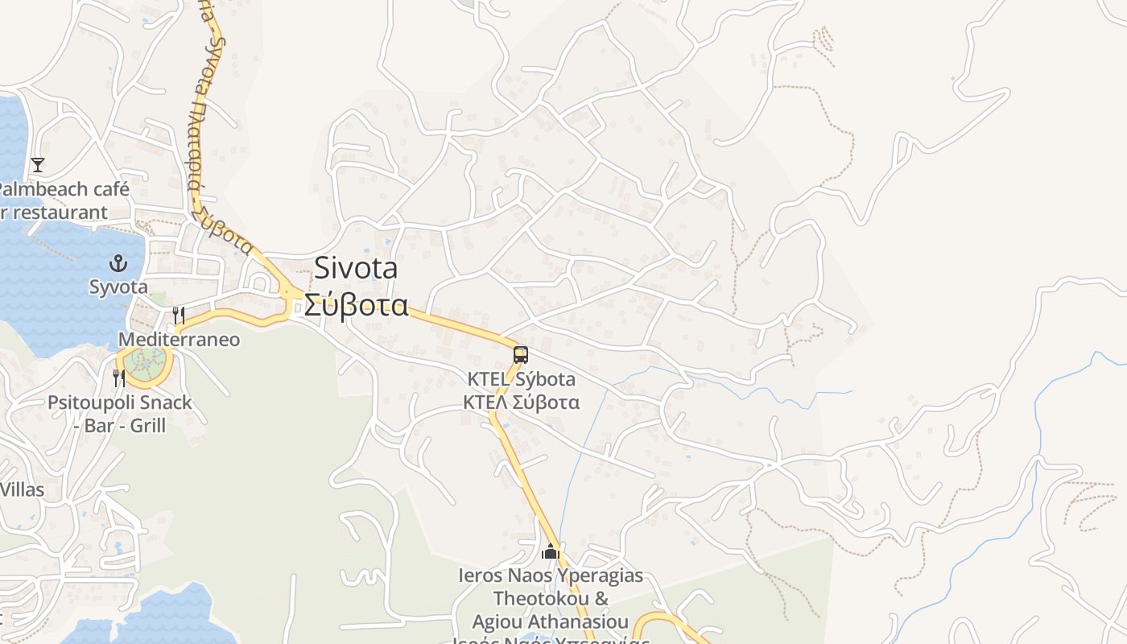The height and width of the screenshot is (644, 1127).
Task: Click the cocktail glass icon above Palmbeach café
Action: point(37,165)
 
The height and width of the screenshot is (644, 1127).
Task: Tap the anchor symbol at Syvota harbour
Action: point(118,263)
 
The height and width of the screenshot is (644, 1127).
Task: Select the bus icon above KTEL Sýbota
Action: point(521,355)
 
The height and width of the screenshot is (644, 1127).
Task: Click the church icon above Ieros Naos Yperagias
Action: point(551,551)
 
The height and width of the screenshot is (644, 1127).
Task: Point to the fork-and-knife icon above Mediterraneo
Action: point(179,316)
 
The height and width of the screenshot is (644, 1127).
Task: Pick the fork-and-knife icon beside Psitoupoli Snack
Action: point(119,378)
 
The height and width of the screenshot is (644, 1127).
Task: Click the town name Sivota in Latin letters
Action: point(355,267)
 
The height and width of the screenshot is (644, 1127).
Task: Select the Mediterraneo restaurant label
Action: point(179,340)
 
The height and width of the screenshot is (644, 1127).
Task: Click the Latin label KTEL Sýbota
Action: point(521,379)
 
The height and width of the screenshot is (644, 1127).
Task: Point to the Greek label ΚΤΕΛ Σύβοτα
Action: point(521,402)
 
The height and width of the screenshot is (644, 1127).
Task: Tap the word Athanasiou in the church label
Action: point(576,621)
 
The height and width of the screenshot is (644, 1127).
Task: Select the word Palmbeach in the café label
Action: point(40,190)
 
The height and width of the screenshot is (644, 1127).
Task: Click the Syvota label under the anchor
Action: point(118,287)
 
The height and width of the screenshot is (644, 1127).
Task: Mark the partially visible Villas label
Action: point(22,489)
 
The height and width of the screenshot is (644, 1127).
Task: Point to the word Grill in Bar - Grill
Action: point(148,425)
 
